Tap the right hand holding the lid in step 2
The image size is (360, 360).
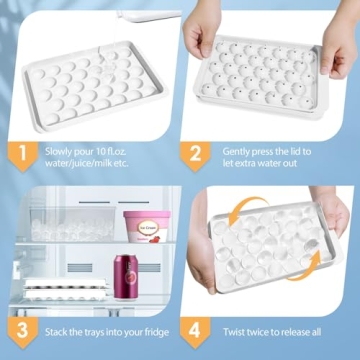click(x=337, y=40)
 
